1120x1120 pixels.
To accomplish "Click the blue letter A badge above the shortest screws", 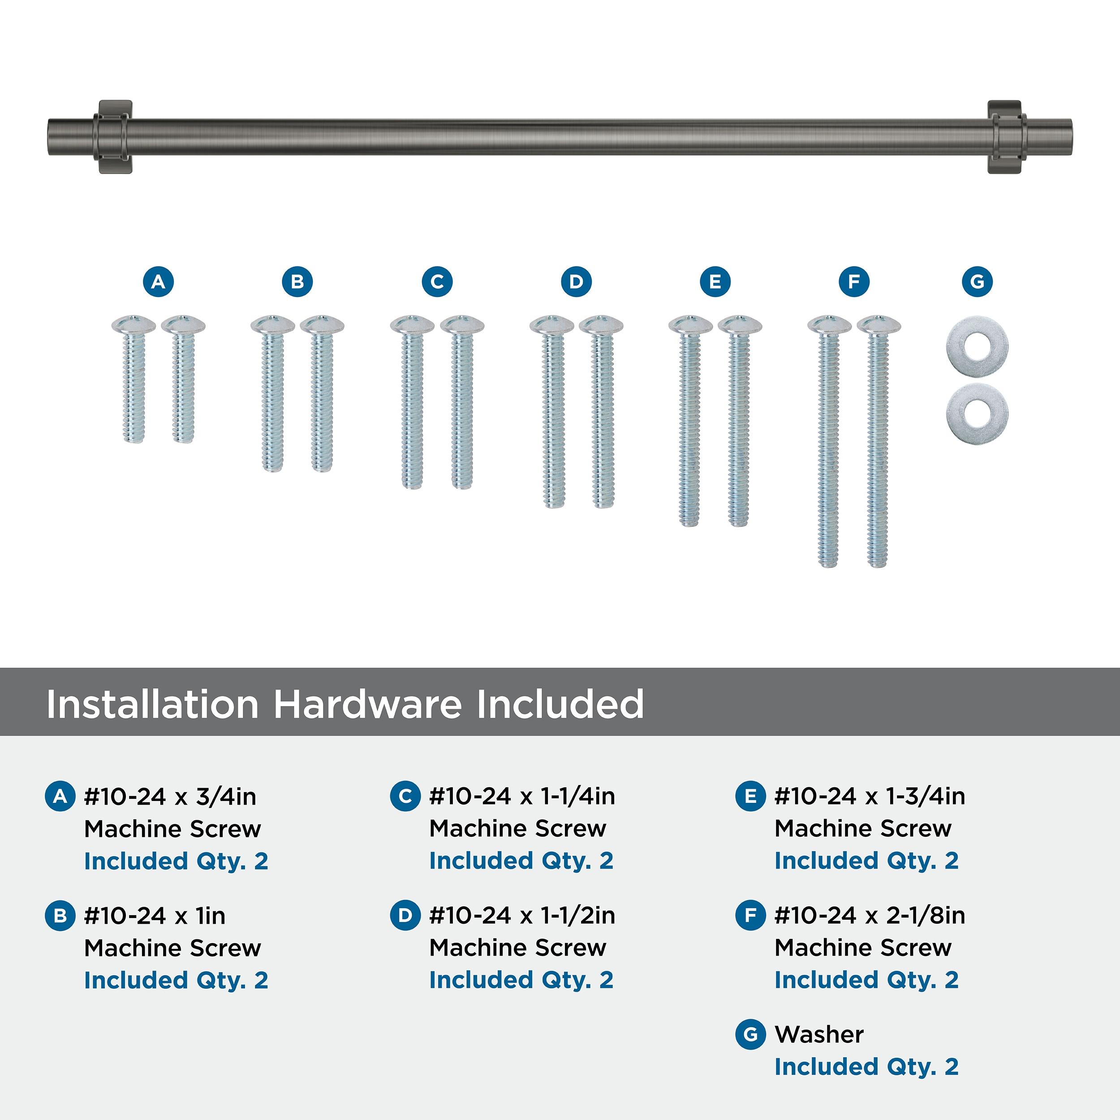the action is (x=158, y=282).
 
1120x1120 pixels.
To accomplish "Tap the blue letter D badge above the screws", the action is (x=576, y=282).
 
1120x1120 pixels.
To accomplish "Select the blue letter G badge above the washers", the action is (x=977, y=282).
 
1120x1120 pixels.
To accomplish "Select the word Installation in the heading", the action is (x=152, y=704).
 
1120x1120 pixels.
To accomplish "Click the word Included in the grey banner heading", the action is (x=560, y=704).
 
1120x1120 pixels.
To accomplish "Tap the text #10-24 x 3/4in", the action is (x=170, y=797).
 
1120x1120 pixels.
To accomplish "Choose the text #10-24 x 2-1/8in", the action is (x=870, y=915).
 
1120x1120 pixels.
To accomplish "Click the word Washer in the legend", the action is (x=819, y=1034).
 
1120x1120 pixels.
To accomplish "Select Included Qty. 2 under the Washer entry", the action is (x=867, y=1067).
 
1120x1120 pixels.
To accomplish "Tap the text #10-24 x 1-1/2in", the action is (x=522, y=915).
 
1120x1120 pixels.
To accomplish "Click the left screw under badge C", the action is (x=412, y=402).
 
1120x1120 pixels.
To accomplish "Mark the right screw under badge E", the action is (x=740, y=421).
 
